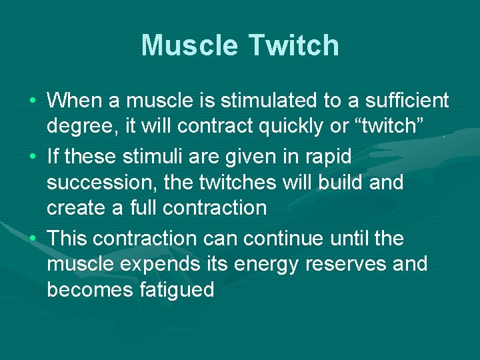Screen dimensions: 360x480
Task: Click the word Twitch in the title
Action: click(x=294, y=46)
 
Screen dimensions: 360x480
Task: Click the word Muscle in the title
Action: click(x=190, y=46)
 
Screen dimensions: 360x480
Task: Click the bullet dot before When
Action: click(x=33, y=101)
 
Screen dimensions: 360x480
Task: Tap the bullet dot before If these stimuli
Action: click(x=33, y=157)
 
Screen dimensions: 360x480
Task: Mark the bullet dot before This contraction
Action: click(x=33, y=239)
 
